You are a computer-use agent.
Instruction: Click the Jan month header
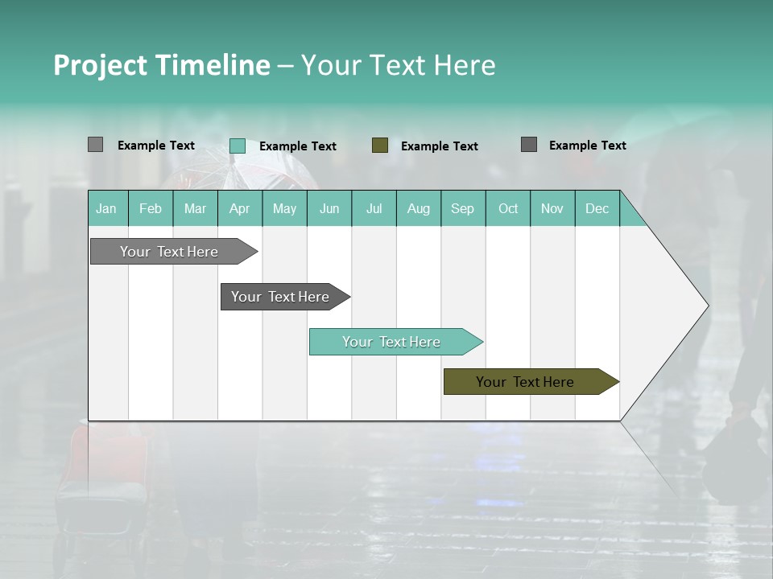click(106, 209)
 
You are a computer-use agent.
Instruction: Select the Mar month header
click(195, 209)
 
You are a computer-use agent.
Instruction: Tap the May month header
click(284, 209)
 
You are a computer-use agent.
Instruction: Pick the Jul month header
click(374, 209)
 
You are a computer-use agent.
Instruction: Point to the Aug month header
click(419, 209)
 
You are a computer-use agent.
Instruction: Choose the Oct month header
click(508, 209)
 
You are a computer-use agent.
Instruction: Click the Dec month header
click(597, 209)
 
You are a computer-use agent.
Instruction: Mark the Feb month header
click(151, 209)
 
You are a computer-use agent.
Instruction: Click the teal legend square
click(238, 146)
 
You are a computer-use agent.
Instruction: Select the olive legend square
click(380, 145)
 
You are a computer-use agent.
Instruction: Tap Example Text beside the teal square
click(298, 146)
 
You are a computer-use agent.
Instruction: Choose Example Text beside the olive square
click(440, 146)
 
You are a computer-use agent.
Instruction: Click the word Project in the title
click(100, 65)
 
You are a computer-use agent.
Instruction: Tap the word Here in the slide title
click(465, 65)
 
